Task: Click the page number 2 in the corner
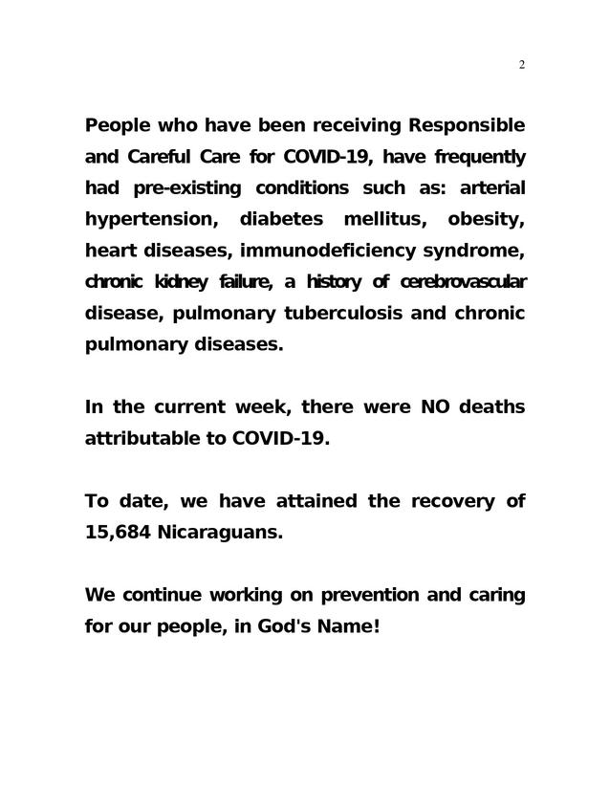pyautogui.click(x=522, y=65)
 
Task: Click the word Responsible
pyautogui.click(x=467, y=125)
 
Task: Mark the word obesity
pyautogui.click(x=486, y=219)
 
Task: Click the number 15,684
pyautogui.click(x=118, y=532)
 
